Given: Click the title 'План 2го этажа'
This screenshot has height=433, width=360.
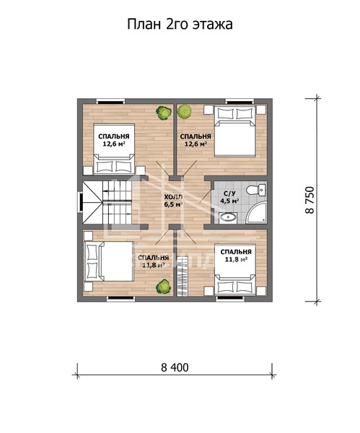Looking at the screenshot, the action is (180, 25).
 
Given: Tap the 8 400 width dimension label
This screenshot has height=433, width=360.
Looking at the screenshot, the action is (175, 367).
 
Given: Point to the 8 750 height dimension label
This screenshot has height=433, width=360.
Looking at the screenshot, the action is (310, 200).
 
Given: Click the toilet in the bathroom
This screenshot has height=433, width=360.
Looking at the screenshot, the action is (255, 190).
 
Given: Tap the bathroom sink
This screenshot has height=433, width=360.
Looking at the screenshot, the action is (228, 217).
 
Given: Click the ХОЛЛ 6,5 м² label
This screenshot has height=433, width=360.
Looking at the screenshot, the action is (173, 201).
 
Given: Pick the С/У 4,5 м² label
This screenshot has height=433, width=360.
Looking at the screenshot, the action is (229, 197).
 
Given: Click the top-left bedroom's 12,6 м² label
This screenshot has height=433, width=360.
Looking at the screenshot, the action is (114, 144).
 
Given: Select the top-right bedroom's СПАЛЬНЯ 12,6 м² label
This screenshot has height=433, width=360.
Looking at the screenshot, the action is (196, 140).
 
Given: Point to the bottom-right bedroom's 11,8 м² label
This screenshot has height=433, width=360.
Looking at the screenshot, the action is (236, 259).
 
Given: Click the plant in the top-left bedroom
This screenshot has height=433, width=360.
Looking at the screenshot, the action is (164, 112).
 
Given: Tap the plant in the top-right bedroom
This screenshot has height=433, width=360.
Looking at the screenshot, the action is (184, 111).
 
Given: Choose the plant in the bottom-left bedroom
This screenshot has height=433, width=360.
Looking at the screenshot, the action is (164, 287).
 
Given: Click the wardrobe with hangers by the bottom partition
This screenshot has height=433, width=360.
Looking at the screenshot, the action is (183, 276).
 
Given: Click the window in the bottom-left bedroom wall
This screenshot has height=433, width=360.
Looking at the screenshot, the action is (120, 298).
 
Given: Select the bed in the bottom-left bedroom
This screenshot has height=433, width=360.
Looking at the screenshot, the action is (109, 261).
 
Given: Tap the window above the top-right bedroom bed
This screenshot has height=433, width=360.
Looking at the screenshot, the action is (239, 101).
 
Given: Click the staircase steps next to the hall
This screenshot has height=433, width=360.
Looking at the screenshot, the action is (117, 202).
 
